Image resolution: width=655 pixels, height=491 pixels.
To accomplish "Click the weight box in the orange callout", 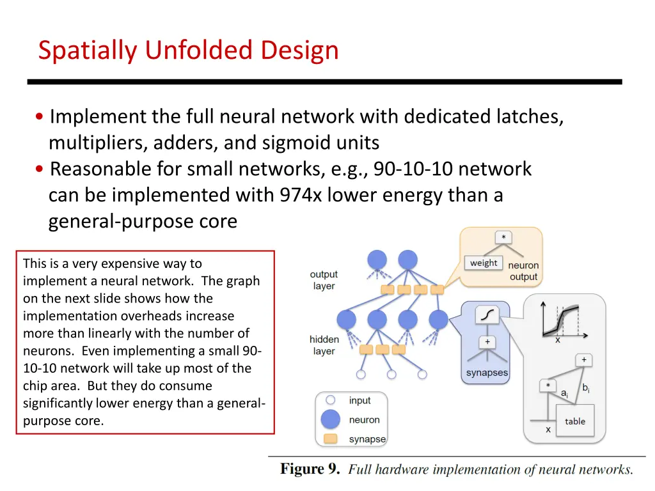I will click(484, 263).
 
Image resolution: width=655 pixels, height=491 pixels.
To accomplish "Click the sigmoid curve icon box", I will click(487, 315).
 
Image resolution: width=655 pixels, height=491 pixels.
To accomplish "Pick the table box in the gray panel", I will click(574, 421).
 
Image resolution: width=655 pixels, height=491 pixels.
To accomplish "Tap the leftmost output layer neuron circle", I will click(377, 260).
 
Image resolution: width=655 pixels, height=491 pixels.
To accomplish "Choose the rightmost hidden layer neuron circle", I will click(438, 319).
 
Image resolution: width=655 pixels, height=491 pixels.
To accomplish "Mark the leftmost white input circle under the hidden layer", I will click(360, 375).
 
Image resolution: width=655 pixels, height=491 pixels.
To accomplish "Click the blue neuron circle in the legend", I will click(331, 420).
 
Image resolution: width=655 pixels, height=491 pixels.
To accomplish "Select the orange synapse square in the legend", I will click(331, 439).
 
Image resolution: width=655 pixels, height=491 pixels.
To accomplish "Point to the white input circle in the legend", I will click(331, 400).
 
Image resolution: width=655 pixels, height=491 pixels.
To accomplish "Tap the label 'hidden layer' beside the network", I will click(324, 345).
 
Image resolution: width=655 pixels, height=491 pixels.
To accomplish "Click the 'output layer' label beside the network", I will click(324, 280).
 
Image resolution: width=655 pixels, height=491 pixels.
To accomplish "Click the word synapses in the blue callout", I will click(487, 373).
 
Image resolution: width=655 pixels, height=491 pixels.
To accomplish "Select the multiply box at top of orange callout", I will click(503, 238).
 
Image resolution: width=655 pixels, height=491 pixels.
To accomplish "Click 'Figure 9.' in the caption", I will click(311, 469).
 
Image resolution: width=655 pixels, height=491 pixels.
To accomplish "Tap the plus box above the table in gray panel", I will click(583, 361).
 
